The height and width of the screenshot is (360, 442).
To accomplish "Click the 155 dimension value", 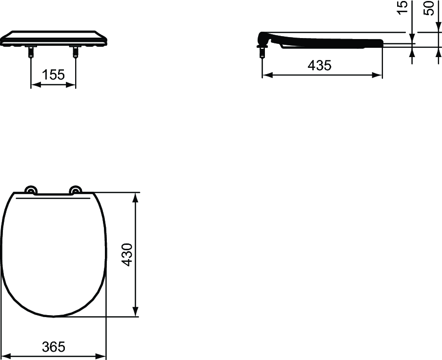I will (53, 75).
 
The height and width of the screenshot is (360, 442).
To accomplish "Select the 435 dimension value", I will (320, 65).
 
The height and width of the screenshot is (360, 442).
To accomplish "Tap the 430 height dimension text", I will (127, 254).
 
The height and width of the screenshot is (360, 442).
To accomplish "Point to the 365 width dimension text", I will (53, 347).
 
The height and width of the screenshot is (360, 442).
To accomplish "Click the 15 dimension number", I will (402, 8).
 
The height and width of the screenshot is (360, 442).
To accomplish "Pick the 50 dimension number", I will (429, 8).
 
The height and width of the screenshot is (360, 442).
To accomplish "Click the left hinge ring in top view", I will (31, 191).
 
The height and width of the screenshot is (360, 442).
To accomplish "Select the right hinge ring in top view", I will (76, 191).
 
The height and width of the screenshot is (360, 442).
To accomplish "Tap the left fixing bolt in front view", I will (31, 51).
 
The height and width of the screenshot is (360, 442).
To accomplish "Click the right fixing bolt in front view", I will (76, 51).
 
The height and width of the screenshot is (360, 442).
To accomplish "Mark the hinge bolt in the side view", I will (262, 51).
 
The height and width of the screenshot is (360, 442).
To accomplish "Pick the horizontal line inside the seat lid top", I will (53, 199).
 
